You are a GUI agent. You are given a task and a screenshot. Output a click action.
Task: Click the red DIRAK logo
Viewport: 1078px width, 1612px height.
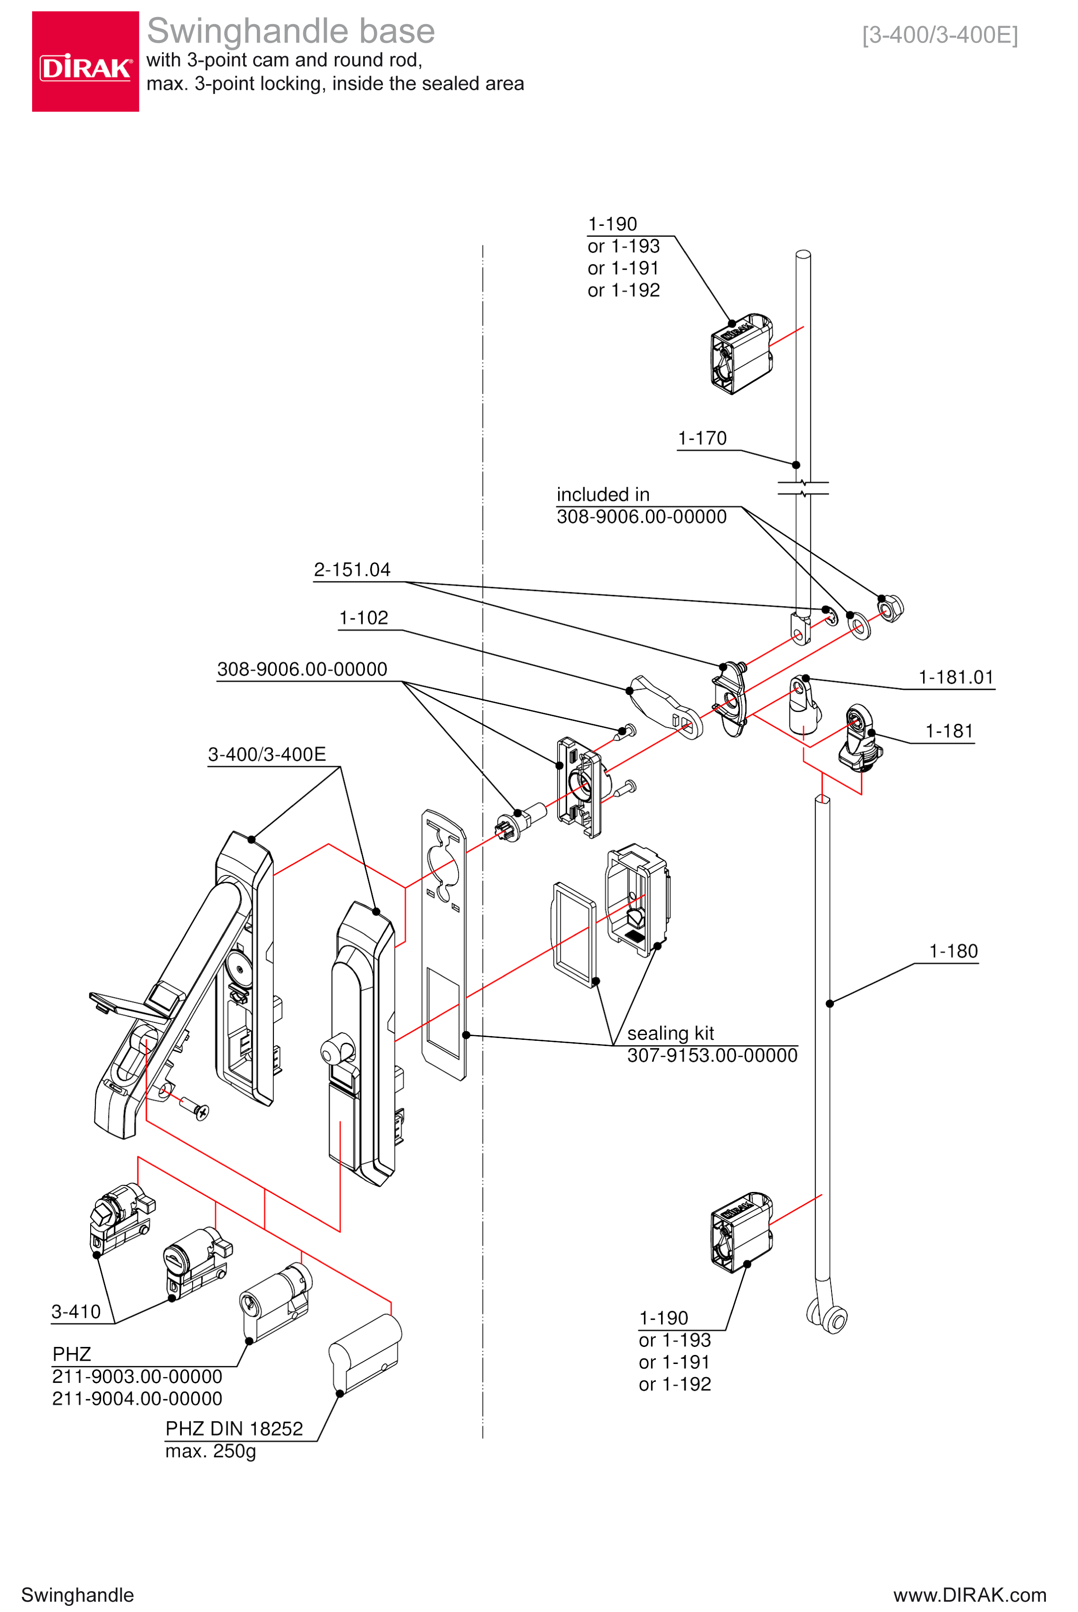tap(85, 61)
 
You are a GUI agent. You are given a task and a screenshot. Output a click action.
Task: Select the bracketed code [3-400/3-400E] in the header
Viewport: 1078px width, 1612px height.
tap(939, 34)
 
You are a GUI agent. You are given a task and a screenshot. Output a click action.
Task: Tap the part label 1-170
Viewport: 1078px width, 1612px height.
tap(702, 438)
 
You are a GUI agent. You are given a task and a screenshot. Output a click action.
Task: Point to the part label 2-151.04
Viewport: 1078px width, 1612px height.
tap(351, 569)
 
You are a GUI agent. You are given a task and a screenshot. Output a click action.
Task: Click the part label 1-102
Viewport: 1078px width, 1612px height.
tap(363, 617)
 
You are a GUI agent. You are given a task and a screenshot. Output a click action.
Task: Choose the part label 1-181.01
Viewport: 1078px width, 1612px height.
tap(956, 677)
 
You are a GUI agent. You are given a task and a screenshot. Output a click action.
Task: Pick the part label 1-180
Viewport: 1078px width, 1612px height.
tap(953, 951)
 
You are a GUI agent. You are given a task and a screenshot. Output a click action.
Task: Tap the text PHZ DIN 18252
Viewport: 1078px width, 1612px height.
tap(234, 1428)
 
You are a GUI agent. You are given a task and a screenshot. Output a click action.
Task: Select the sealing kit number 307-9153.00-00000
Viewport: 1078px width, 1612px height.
tap(712, 1055)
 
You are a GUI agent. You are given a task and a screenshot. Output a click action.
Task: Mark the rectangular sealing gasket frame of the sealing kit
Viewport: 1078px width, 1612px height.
tap(573, 934)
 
